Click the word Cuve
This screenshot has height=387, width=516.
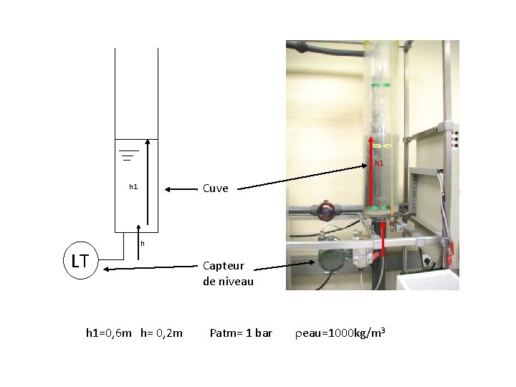[216, 188]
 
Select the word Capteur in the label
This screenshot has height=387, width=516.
[224, 266]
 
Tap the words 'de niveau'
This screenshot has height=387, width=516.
[228, 282]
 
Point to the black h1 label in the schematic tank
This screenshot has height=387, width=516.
[133, 187]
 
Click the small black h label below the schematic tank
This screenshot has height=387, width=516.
[143, 243]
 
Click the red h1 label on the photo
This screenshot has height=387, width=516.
[379, 163]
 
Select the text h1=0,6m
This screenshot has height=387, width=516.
[108, 333]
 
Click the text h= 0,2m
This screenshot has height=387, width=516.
[162, 333]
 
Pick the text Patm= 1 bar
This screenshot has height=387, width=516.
[241, 333]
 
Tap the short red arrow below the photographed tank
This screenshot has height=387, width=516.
[383, 238]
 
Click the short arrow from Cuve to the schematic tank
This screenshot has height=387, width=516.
[181, 190]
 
